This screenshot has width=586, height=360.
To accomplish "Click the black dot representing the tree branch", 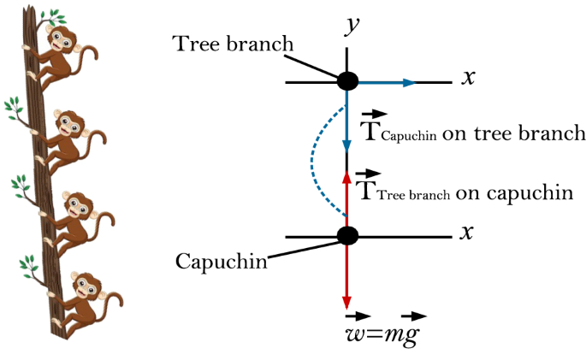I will [x=347, y=82].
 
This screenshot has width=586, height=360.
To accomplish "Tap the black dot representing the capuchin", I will [x=347, y=235].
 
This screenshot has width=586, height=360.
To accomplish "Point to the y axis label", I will [x=350, y=25].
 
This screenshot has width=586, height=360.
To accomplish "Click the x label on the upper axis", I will [x=468, y=78].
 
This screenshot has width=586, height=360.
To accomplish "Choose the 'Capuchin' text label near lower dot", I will [x=221, y=261].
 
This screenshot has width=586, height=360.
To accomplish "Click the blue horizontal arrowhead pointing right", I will [x=410, y=82].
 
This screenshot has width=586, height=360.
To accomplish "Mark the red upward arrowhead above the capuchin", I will [x=347, y=176].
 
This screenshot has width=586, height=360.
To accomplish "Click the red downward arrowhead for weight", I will [x=347, y=303].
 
